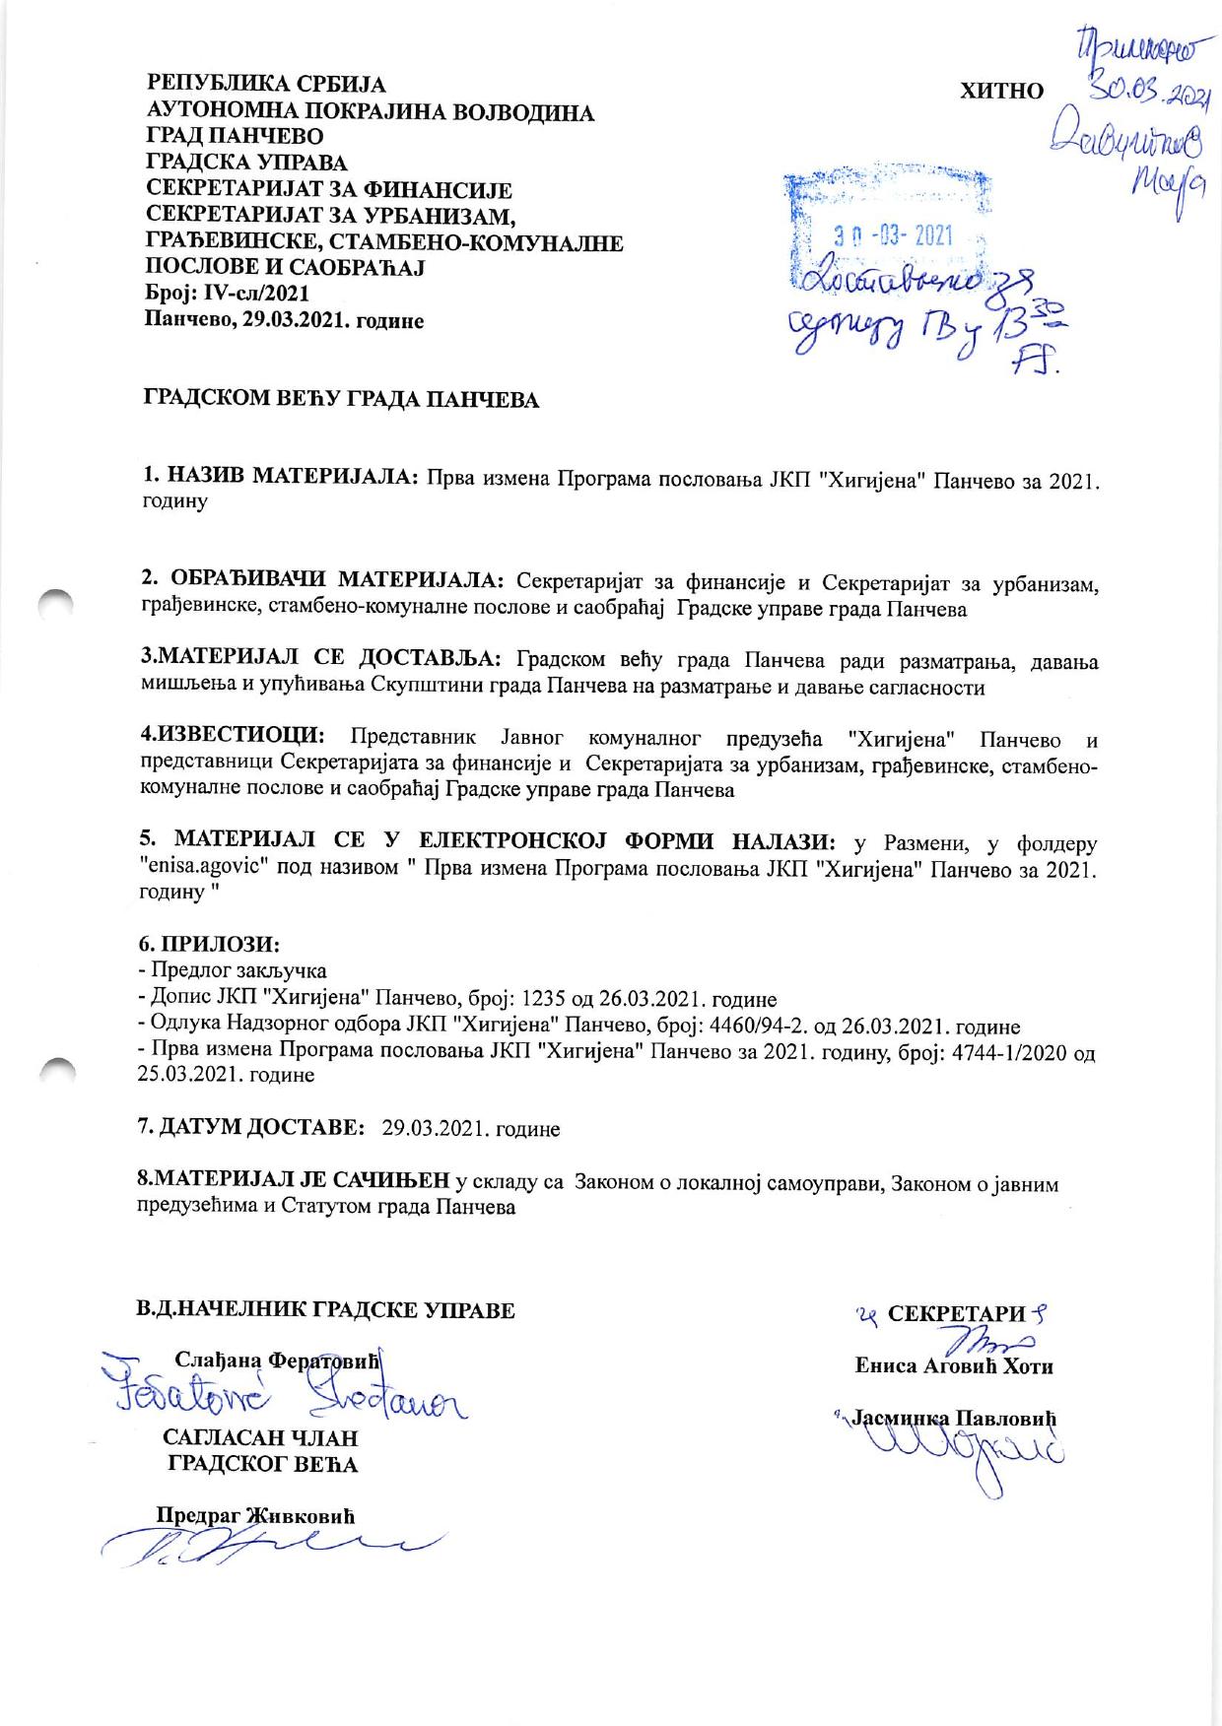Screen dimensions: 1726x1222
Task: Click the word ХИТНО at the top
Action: pyautogui.click(x=1001, y=92)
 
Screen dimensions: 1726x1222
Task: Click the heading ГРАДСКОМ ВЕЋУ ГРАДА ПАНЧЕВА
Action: pyautogui.click(x=342, y=400)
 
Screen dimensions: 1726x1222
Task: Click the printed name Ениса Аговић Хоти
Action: pyautogui.click(x=953, y=1366)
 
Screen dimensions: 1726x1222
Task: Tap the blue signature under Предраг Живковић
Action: pyautogui.click(x=266, y=1548)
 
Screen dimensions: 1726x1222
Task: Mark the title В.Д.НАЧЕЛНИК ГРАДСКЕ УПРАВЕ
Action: pyautogui.click(x=325, y=1310)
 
